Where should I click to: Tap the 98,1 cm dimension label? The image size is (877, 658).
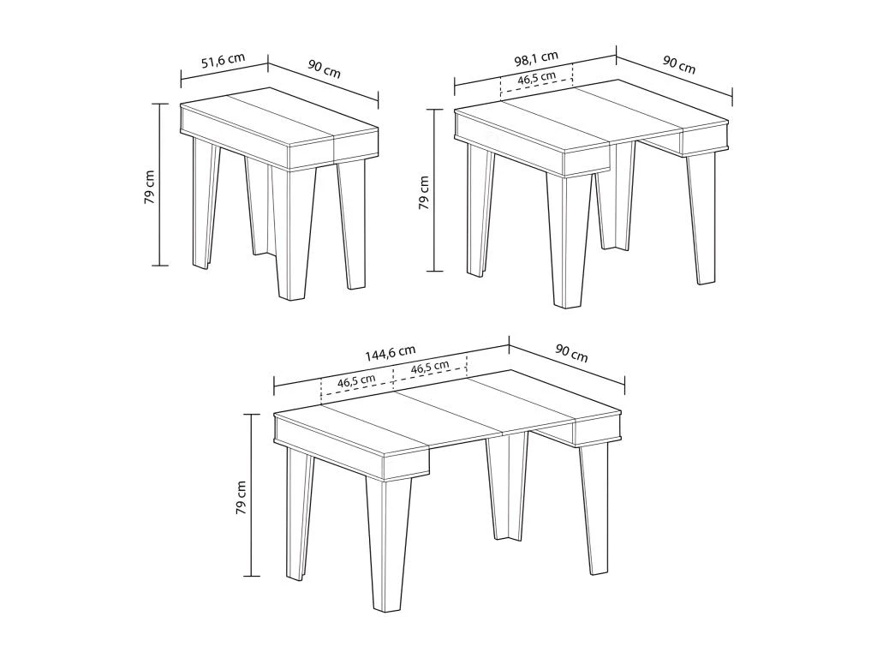coord(536,60)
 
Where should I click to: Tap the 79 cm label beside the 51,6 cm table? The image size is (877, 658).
coord(150,186)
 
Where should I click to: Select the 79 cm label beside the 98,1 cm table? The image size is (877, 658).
coord(423,192)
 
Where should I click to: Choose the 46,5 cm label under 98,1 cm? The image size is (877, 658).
coord(536,80)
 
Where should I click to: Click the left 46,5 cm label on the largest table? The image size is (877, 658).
coord(356,382)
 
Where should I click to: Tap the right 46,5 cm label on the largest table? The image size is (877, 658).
coord(430,368)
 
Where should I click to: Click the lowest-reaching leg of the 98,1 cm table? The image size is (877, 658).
coord(570,240)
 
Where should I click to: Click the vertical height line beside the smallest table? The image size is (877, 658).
coord(159,184)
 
